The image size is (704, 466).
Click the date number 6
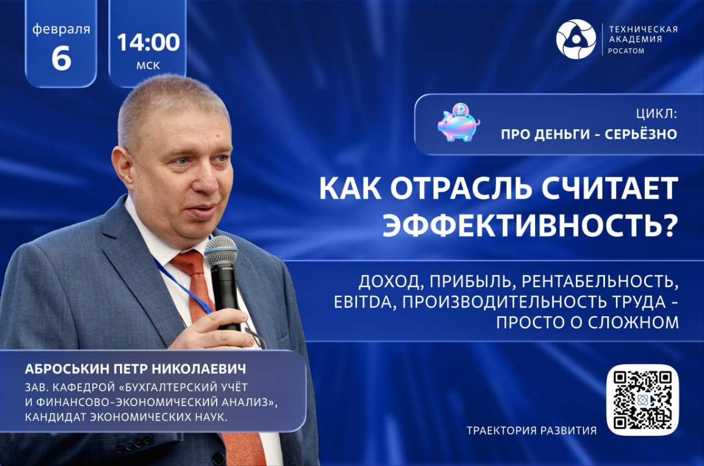click(61, 59)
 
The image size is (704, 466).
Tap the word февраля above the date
click(61, 30)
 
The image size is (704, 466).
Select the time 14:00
click(148, 43)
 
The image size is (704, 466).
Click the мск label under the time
click(148, 65)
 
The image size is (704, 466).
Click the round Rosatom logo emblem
click(576, 38)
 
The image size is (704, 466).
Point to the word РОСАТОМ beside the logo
click(627, 51)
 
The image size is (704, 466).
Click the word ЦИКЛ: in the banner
click(656, 114)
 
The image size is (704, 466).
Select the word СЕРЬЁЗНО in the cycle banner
click(641, 134)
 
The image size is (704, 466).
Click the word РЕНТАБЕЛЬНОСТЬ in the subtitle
click(598, 283)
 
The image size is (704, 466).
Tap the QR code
click(642, 400)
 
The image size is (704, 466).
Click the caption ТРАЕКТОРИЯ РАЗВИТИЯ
click(532, 430)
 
